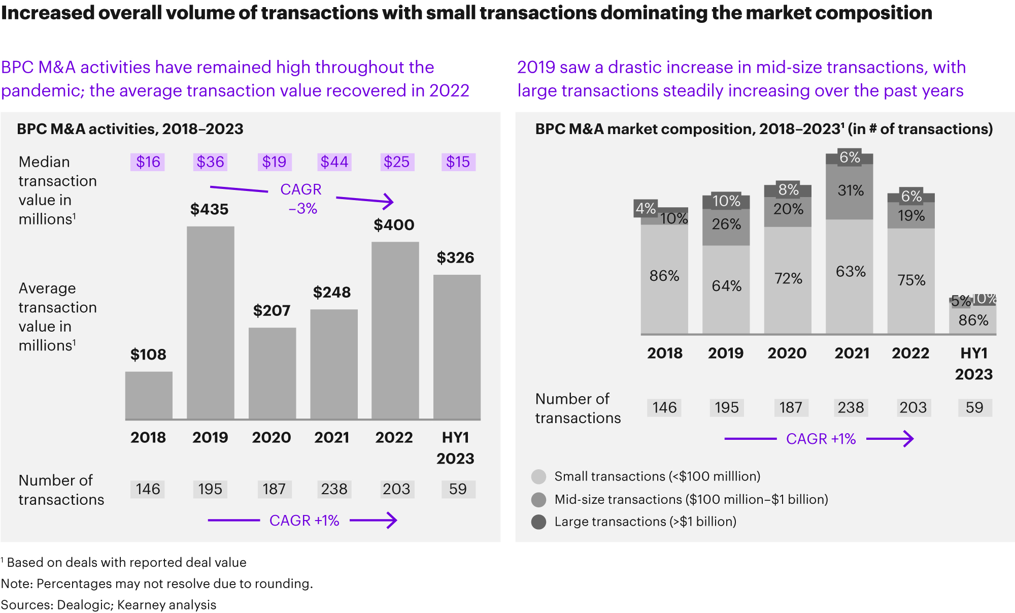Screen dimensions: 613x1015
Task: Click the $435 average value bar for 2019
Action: (x=210, y=322)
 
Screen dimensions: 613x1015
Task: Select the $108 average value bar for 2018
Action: (x=149, y=395)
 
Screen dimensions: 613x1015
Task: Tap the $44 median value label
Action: (x=334, y=162)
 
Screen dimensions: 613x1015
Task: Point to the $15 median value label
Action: (x=458, y=162)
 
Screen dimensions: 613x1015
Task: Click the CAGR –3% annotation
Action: (x=302, y=199)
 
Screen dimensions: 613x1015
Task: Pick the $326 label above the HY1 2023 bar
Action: (x=455, y=257)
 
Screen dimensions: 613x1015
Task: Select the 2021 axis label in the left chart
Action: (x=331, y=437)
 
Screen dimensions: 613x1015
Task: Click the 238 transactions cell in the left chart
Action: (x=334, y=489)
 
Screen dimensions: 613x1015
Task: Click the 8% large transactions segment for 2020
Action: (x=788, y=190)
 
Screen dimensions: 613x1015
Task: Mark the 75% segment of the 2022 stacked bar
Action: (x=911, y=281)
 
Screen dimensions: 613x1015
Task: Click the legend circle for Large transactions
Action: (x=538, y=522)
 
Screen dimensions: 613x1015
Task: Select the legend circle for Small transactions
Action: (x=538, y=476)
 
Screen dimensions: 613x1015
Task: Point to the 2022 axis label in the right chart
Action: (x=910, y=353)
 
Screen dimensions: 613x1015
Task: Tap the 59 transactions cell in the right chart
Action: (x=974, y=407)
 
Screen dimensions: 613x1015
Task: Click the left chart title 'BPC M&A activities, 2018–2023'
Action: (x=130, y=129)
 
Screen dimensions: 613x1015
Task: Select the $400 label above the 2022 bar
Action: (x=394, y=225)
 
